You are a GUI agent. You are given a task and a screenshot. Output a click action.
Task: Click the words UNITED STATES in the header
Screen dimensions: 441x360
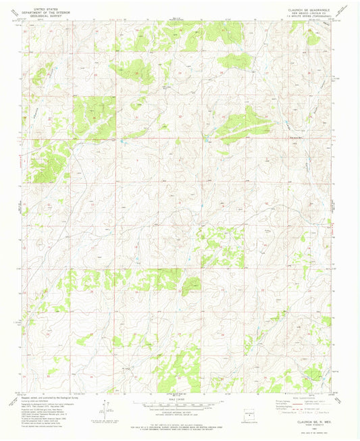(47, 5)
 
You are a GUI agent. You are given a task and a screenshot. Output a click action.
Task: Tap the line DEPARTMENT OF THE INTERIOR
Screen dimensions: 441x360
(47, 9)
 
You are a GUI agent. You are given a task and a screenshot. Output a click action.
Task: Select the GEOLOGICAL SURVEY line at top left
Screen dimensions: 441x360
(47, 14)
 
